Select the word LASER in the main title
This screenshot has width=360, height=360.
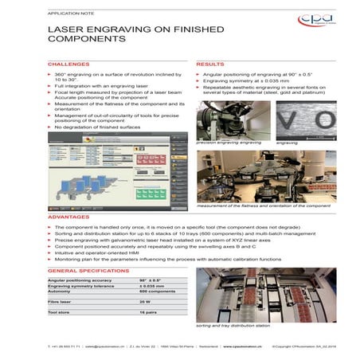coord(66,33)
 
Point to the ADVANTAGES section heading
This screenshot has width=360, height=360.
coord(69,216)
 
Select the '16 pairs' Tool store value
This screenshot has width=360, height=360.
coord(148,313)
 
